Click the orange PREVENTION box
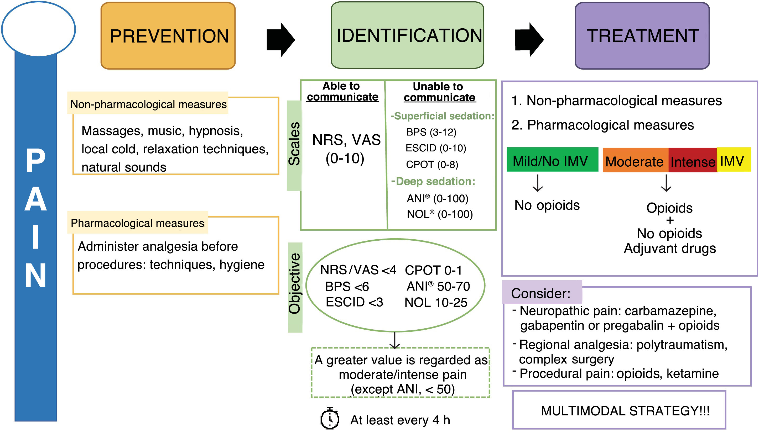[168, 36]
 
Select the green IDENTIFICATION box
[407, 35]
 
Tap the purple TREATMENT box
[642, 36]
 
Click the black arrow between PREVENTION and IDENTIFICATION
[280, 40]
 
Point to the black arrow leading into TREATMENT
[529, 40]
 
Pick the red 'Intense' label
[692, 161]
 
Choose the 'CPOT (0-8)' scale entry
[432, 165]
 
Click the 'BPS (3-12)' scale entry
[431, 132]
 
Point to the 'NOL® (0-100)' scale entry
[440, 214]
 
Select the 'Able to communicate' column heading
[342, 91]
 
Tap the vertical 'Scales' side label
[294, 145]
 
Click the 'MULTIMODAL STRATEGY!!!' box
[625, 411]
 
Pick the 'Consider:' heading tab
[541, 293]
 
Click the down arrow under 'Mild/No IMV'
[538, 183]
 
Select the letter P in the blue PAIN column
[36, 161]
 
